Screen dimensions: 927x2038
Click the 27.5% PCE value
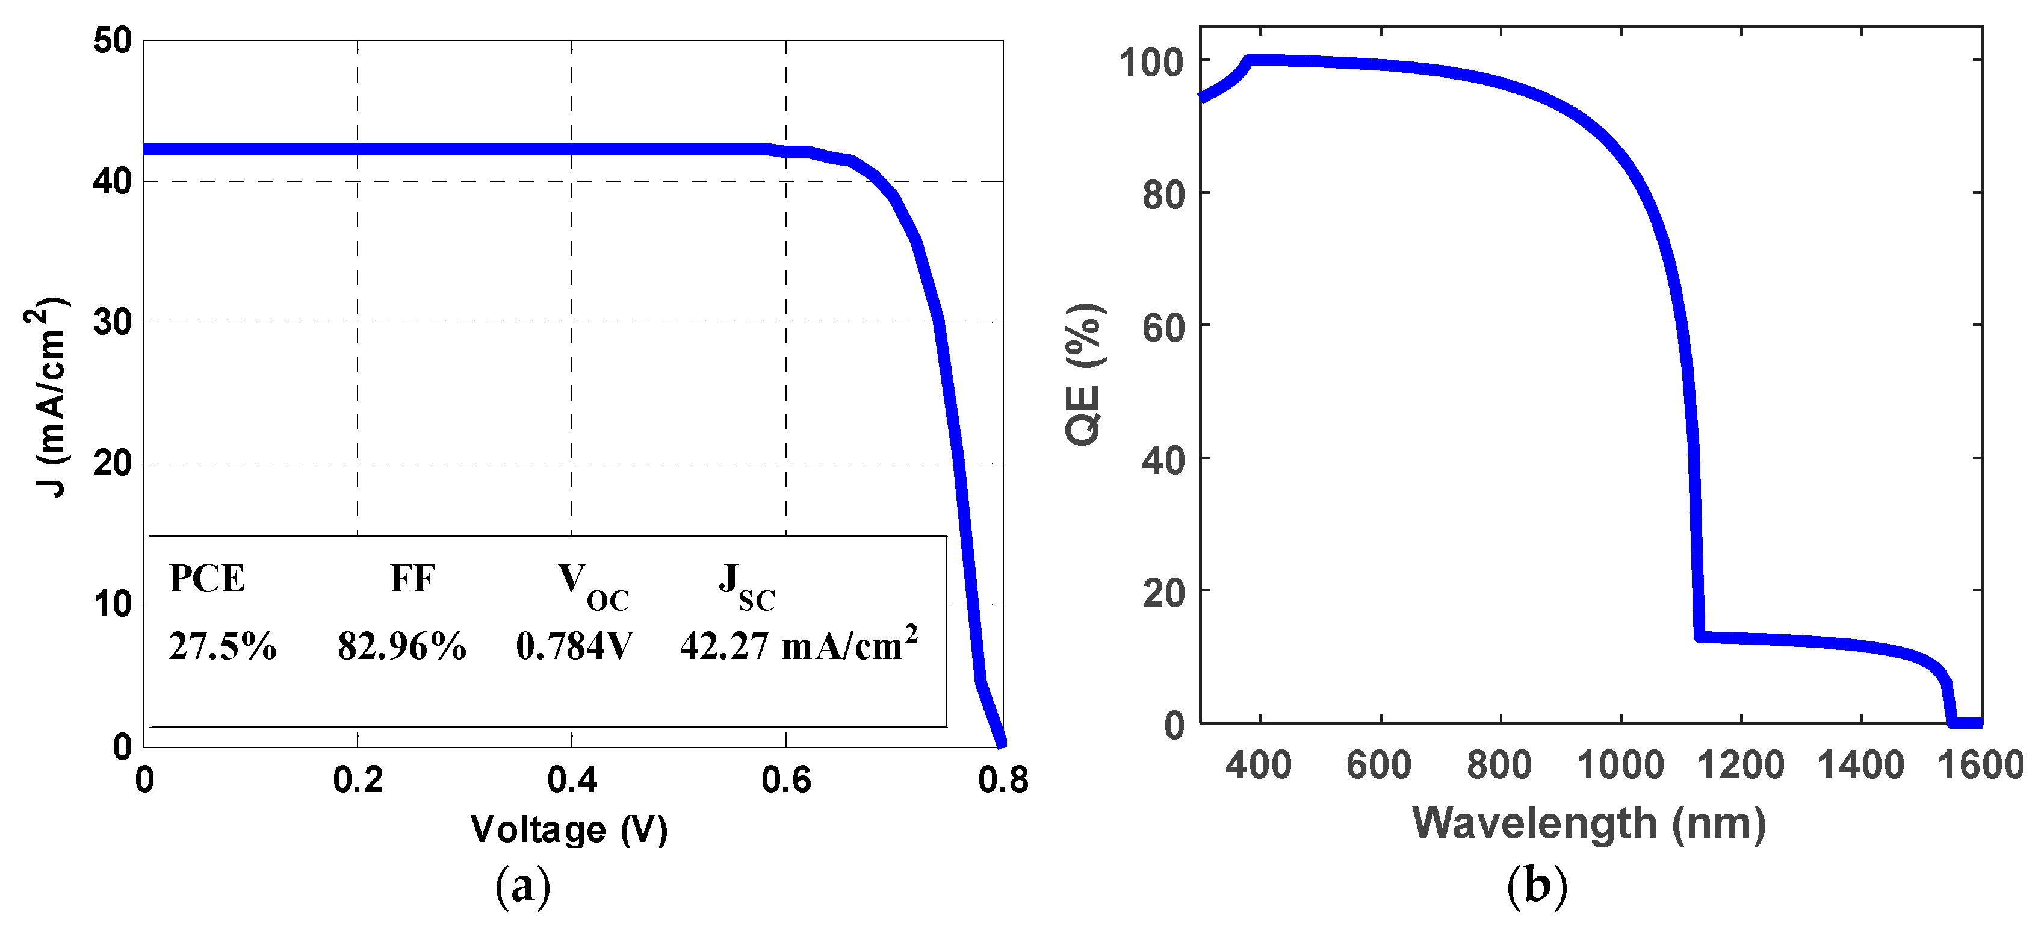(x=222, y=647)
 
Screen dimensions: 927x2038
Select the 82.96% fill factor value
(x=402, y=647)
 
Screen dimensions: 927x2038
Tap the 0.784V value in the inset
(x=574, y=647)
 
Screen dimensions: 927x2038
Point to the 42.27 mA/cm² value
(x=798, y=645)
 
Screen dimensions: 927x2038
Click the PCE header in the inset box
(x=206, y=579)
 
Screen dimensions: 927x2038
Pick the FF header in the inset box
(x=412, y=579)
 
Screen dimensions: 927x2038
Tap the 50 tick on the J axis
(x=113, y=40)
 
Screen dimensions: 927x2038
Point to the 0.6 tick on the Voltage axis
(x=785, y=781)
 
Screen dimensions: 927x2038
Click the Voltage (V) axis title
(x=569, y=829)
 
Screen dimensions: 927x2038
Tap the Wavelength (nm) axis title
(x=1588, y=823)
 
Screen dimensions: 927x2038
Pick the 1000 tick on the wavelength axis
(x=1620, y=766)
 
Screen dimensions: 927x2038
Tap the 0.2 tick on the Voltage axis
(x=358, y=781)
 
